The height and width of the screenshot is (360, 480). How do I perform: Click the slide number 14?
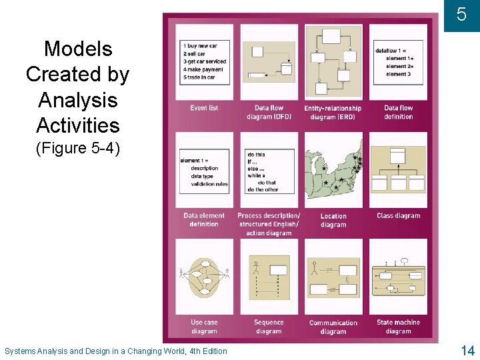[x=467, y=350]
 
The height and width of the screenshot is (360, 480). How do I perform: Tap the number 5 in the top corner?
[x=461, y=14]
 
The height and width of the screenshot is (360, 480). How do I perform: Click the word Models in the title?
[x=78, y=49]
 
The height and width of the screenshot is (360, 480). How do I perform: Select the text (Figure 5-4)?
[x=78, y=148]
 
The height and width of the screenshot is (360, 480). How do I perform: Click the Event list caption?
[x=204, y=108]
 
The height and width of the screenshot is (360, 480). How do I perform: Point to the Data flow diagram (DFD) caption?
[x=269, y=112]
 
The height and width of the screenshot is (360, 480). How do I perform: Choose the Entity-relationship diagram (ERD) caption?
[x=333, y=113]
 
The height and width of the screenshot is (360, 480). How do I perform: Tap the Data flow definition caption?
[x=399, y=112]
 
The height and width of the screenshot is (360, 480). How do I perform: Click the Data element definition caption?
[x=204, y=220]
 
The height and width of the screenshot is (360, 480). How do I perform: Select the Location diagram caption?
[x=333, y=220]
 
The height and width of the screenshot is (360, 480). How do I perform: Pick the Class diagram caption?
[x=399, y=216]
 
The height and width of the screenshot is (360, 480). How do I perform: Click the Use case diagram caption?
[x=204, y=327]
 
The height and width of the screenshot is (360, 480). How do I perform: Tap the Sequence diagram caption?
[x=269, y=327]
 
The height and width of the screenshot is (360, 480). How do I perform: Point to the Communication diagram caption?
[x=333, y=327]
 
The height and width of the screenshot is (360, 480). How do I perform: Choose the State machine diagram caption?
[x=399, y=327]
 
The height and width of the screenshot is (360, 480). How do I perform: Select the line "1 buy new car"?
[x=204, y=45]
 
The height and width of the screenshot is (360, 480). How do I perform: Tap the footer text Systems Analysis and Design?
[x=115, y=351]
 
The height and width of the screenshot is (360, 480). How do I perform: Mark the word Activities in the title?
[x=78, y=125]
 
